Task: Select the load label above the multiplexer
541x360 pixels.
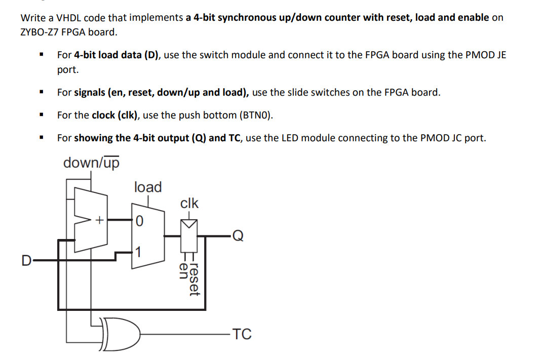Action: coord(148,187)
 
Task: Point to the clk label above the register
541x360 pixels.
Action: coord(189,204)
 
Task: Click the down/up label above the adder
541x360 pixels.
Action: coord(91,163)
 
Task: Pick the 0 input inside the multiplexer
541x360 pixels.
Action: coord(140,221)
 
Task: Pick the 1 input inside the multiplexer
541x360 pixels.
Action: coord(139,252)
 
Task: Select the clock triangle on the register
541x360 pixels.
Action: coord(189,223)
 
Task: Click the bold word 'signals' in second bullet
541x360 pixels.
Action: coord(89,93)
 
